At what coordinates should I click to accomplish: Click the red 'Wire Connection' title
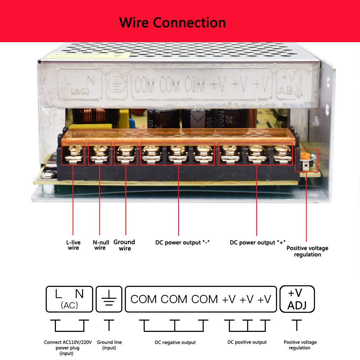click(x=172, y=22)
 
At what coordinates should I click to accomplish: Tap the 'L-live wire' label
click(x=73, y=245)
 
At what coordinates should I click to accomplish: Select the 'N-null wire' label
click(x=101, y=245)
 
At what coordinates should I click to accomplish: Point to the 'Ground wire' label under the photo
click(x=124, y=245)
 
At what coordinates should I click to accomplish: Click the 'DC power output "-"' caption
click(x=182, y=243)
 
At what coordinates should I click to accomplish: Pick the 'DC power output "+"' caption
click(x=257, y=243)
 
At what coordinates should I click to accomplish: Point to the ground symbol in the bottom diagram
click(x=109, y=299)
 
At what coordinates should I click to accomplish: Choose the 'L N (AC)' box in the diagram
click(x=69, y=299)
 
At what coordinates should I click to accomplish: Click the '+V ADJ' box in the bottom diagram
click(x=297, y=299)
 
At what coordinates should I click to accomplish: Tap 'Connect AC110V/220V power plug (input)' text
click(x=67, y=348)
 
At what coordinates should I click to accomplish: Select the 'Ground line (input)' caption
click(x=109, y=345)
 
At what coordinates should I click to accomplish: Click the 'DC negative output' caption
click(x=175, y=342)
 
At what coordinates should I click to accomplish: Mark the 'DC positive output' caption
click(x=247, y=342)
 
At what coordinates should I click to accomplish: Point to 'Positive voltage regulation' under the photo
click(x=307, y=251)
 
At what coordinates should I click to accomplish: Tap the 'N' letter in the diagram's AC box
click(x=79, y=294)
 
